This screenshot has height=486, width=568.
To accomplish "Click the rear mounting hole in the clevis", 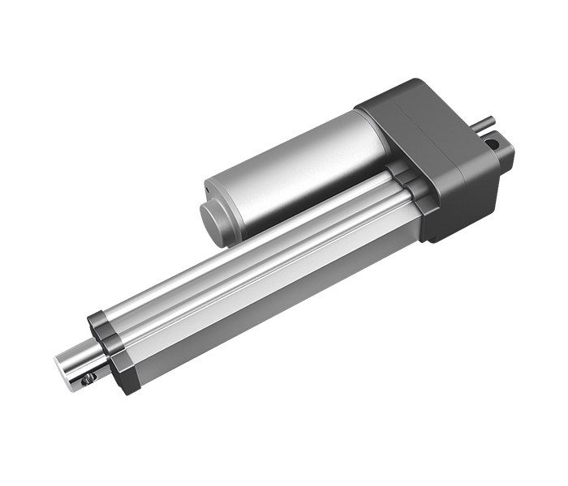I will coord(493,143).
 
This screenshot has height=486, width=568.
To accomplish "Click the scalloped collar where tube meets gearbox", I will coord(410,182).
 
